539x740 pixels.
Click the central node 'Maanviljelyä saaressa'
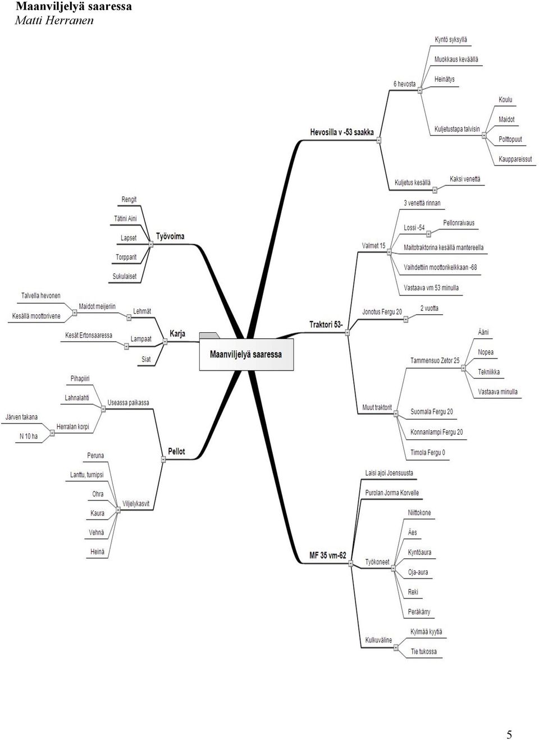[246, 355]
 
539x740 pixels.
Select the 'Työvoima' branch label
[170, 237]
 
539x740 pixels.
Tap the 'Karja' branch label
[177, 334]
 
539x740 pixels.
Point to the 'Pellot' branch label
[176, 451]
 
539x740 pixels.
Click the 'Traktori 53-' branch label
[326, 324]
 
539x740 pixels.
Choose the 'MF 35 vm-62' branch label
[328, 555]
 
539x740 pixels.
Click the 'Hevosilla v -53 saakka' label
[342, 132]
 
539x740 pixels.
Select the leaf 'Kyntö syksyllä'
[451, 40]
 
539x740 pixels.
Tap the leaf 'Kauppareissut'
[515, 159]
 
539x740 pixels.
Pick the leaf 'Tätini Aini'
[125, 218]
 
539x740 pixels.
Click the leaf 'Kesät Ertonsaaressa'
[89, 335]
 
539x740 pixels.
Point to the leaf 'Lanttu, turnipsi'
[86, 475]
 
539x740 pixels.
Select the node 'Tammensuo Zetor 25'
[435, 360]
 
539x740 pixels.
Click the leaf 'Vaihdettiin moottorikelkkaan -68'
[440, 267]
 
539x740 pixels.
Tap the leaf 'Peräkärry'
[419, 612]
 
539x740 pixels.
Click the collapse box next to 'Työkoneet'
[393, 568]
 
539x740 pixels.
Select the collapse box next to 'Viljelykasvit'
[118, 510]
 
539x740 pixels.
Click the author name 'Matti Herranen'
[54, 21]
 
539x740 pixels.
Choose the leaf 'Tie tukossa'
[423, 651]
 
